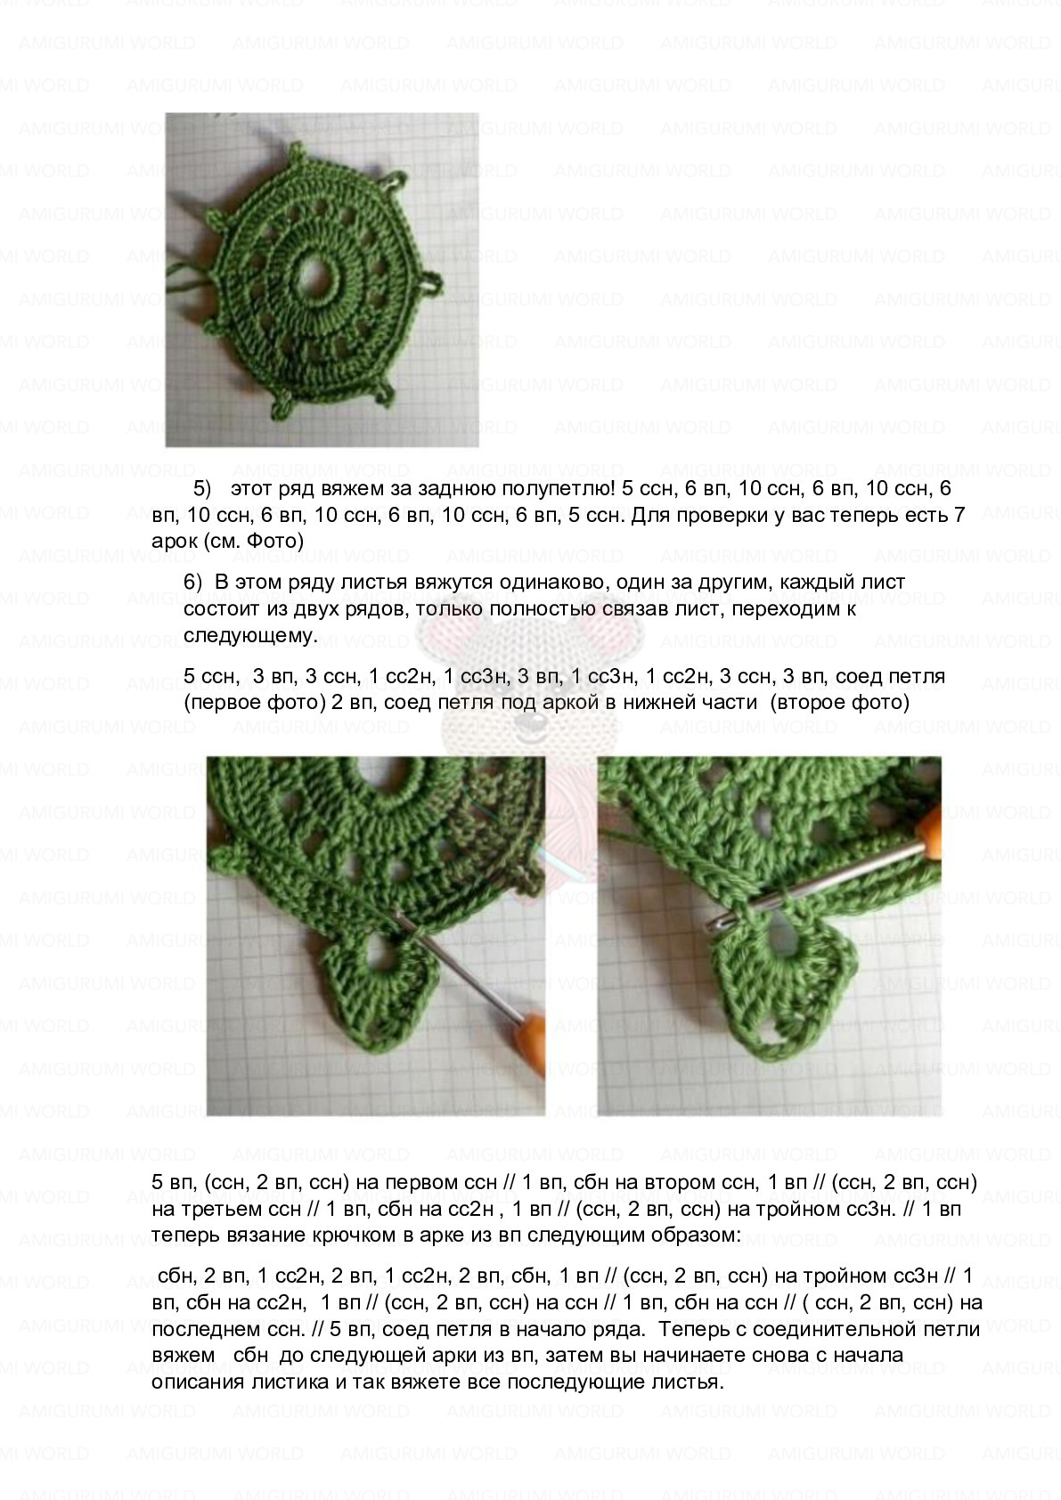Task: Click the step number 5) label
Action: click(x=202, y=489)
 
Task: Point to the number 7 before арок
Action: click(x=959, y=515)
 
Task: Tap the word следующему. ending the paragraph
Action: click(x=250, y=636)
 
